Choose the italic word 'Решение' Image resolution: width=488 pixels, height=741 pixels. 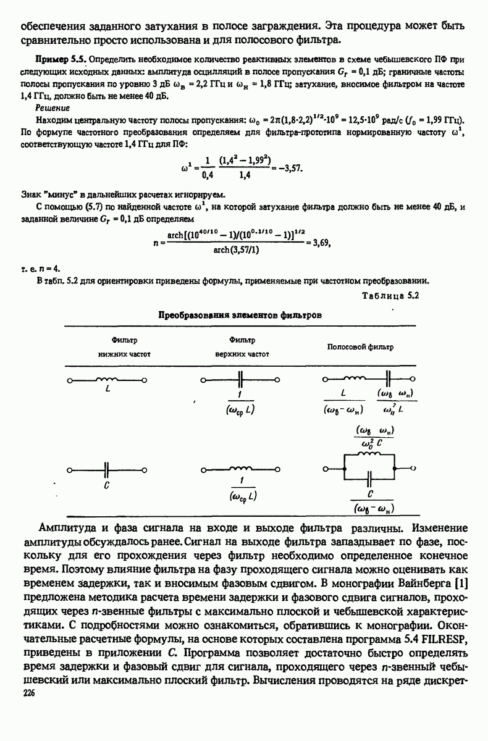click(x=52, y=106)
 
